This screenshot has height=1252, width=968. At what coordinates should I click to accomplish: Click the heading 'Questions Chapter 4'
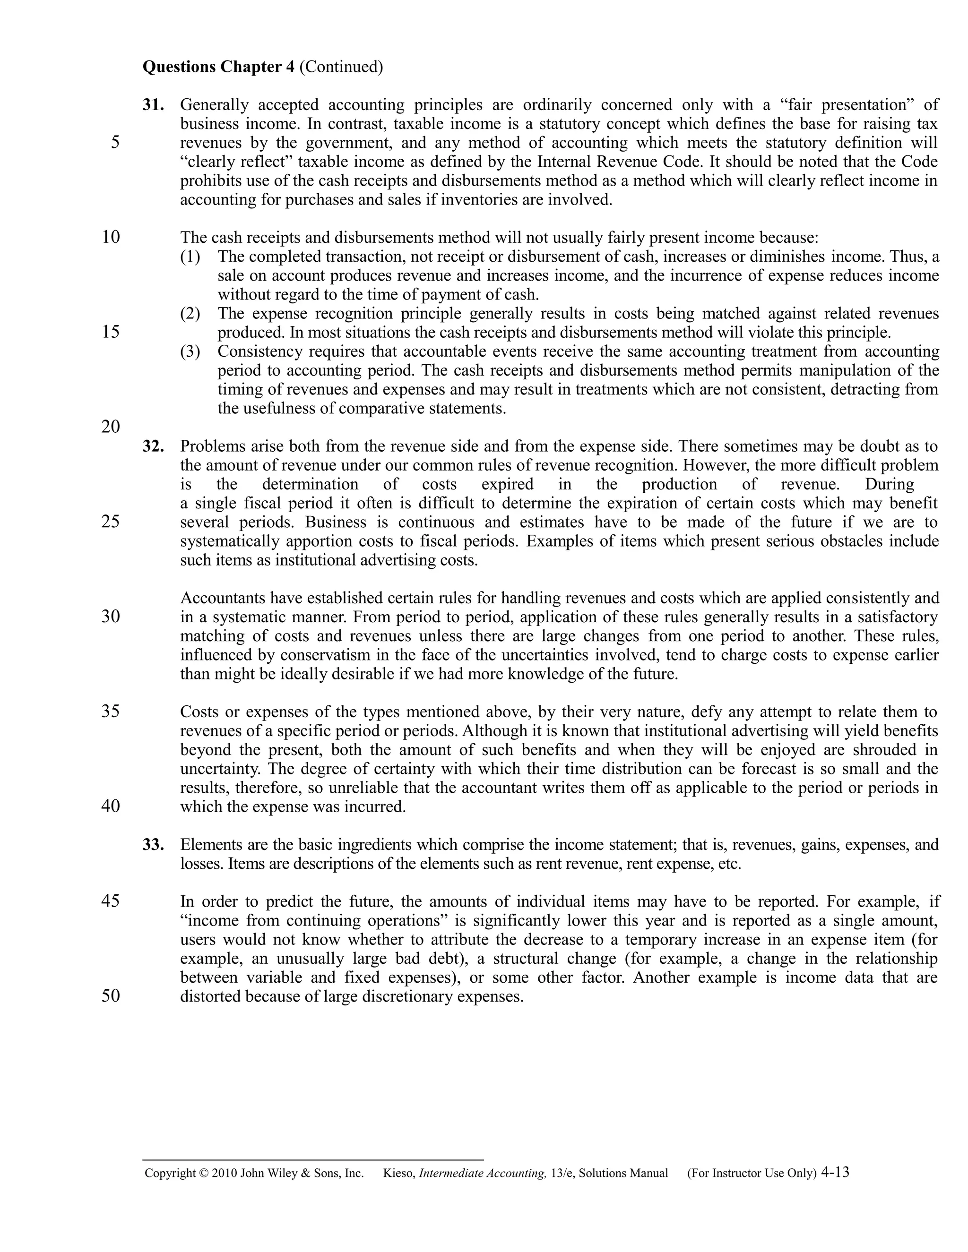coord(218,67)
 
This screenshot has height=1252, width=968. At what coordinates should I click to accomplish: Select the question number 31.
coord(153,105)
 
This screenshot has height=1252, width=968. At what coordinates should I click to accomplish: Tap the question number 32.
coord(153,446)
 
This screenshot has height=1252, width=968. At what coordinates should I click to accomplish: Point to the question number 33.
coord(153,844)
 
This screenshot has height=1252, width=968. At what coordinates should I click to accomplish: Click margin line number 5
coord(115,142)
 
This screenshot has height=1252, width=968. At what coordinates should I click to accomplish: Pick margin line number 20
coord(111,427)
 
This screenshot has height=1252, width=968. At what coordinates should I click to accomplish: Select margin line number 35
coord(111,712)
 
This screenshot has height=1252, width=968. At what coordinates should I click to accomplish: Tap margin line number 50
coord(111,996)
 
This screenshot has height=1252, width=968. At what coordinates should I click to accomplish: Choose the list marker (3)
coord(190,351)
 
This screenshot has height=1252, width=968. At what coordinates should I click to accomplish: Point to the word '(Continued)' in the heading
coord(341,67)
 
